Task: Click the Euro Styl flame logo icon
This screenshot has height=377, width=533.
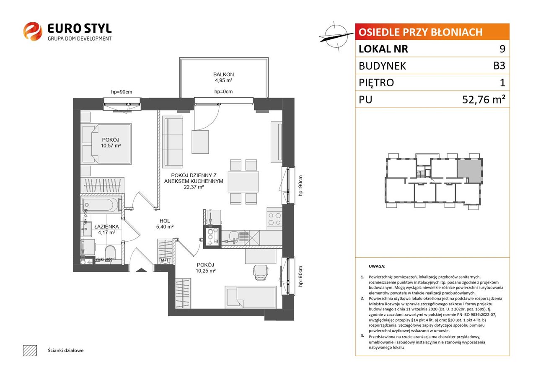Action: coord(33,31)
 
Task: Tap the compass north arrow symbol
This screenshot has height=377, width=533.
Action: coord(336,36)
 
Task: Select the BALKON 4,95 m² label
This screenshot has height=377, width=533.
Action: coord(223,77)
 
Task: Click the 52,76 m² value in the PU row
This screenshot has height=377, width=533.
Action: coord(484,99)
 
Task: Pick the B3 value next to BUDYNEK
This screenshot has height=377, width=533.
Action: coord(499,66)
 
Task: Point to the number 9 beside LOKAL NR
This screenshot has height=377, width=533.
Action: coord(502,49)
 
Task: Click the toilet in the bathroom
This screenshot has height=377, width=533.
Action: coord(110,252)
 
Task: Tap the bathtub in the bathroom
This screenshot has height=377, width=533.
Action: coord(101,204)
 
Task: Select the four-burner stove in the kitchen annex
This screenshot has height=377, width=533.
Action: coord(274,219)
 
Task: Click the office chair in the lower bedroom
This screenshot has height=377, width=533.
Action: coord(261,272)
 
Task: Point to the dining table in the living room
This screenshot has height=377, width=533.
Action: coord(243,182)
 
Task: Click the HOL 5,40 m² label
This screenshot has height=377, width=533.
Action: coord(165,224)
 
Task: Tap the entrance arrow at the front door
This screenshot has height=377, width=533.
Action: coord(141,270)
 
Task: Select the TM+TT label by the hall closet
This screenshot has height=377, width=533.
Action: coord(165,260)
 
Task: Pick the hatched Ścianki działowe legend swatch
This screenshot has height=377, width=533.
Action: coord(30,351)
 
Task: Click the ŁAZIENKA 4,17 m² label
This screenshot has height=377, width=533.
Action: coord(106,230)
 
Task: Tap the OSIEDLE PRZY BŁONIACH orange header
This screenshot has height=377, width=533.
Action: coord(432,32)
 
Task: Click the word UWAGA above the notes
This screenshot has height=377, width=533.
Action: coord(377,266)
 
